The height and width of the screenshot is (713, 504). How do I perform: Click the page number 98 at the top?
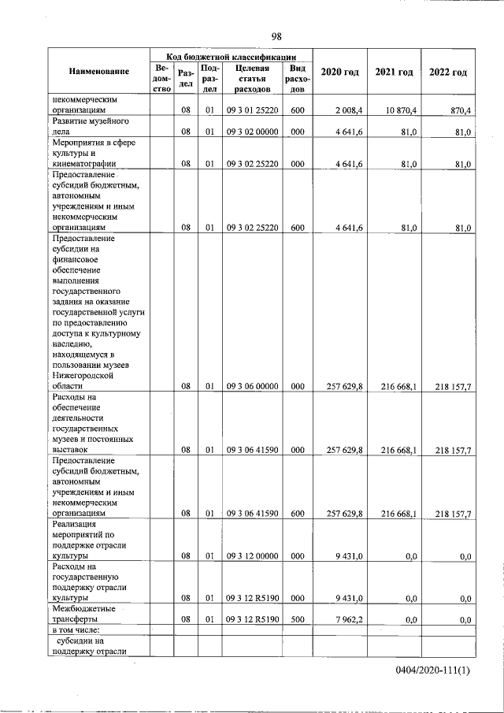pos(276,36)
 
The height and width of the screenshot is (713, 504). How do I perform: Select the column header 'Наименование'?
pos(98,72)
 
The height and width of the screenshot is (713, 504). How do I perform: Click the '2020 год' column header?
pos(340,72)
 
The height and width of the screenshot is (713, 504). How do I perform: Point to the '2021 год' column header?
pos(394,72)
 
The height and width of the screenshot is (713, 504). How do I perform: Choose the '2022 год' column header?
pos(447,72)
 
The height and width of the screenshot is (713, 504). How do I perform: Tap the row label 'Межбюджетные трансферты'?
pos(87,615)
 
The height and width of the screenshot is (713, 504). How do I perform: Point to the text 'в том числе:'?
pos(76,632)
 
